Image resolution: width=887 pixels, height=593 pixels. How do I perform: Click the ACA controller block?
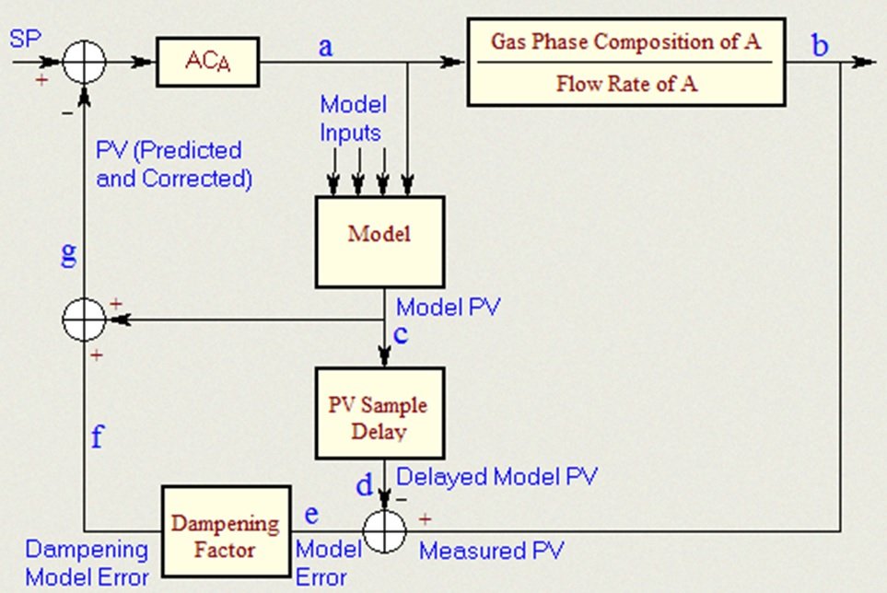207,63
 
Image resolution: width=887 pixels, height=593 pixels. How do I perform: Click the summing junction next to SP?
85,63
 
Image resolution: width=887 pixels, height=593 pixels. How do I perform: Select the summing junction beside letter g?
85,320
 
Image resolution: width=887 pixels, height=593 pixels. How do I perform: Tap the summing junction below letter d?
381,531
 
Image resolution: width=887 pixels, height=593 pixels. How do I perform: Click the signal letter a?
324,46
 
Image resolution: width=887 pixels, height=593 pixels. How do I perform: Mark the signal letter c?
400,334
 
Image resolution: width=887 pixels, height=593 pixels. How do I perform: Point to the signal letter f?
98,436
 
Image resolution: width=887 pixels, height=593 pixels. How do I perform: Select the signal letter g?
68,254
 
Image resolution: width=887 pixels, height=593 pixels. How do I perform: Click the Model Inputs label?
353,117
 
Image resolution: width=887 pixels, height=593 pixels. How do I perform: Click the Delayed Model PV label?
497,476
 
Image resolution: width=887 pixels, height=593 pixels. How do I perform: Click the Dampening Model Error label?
88,564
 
